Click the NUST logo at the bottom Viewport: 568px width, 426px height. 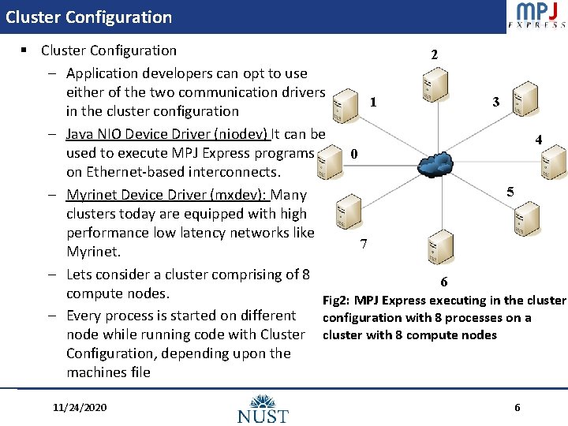point(263,408)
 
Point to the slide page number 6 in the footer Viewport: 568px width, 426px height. point(517,407)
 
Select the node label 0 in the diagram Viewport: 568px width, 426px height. point(354,154)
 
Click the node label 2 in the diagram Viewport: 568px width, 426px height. point(433,55)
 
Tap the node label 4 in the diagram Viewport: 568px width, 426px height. point(538,140)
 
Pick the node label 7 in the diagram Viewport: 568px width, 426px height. point(363,244)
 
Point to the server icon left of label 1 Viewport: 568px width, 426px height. point(343,106)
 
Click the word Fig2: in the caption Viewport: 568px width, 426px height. point(336,300)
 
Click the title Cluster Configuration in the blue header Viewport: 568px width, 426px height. point(88,17)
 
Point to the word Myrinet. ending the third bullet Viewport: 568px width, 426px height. point(93,252)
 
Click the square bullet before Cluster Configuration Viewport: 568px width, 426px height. point(25,50)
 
